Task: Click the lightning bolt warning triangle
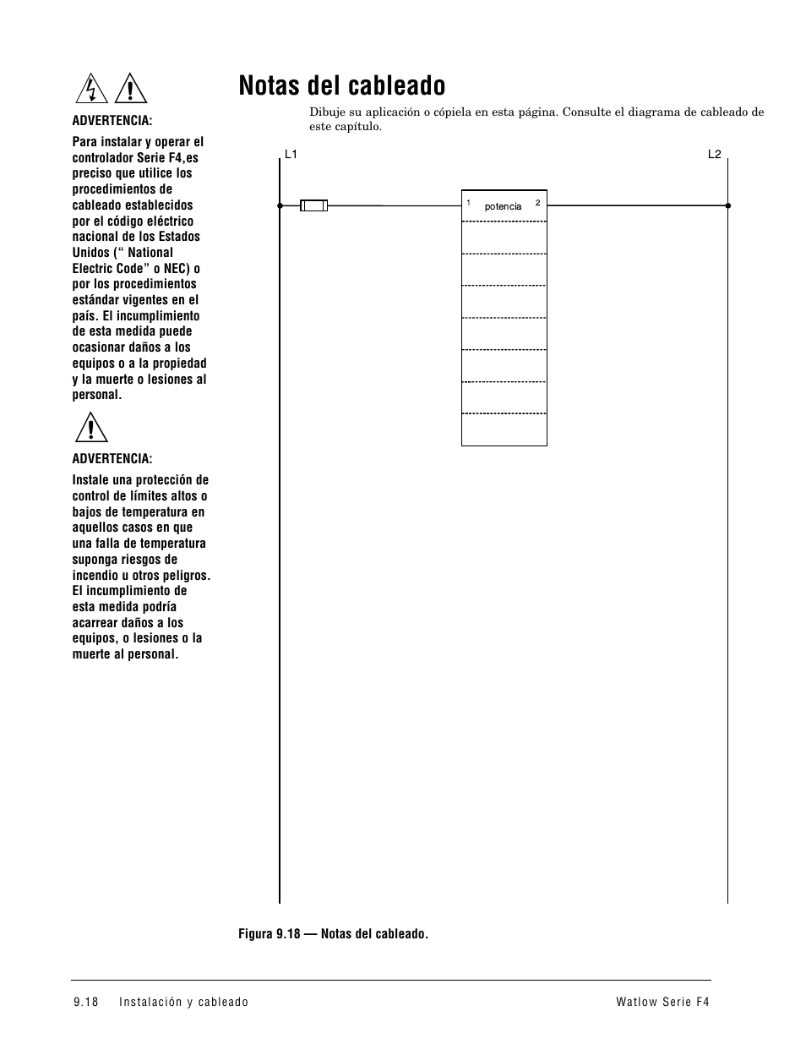90,89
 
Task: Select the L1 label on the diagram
291,155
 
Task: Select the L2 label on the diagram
715,155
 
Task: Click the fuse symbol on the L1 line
314,205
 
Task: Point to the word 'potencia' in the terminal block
503,207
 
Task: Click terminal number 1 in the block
468,203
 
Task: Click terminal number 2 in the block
537,203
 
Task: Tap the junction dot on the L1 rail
280,205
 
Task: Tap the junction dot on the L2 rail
727,205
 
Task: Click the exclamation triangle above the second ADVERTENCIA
90,427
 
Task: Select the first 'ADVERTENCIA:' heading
112,121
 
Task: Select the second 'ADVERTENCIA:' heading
112,458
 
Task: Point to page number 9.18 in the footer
86,1002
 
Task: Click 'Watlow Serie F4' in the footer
663,1002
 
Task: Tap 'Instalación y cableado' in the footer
184,1002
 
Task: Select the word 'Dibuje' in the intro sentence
326,112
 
